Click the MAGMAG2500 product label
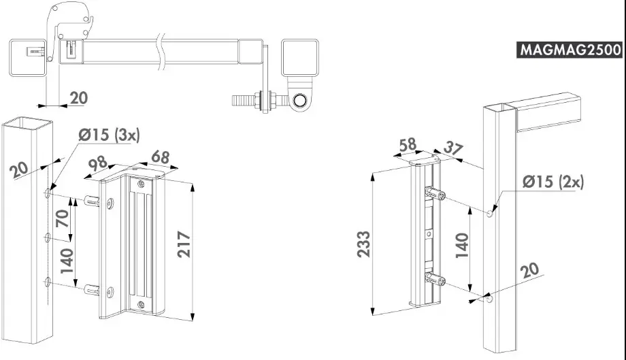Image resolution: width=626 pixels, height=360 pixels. (x=570, y=50)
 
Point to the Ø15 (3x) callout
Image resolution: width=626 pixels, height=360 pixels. (x=108, y=135)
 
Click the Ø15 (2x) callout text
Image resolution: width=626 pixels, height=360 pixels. (x=553, y=182)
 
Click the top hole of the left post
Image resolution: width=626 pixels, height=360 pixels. (x=48, y=195)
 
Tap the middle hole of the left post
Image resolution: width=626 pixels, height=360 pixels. (x=48, y=238)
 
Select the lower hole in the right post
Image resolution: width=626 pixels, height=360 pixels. (x=490, y=298)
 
